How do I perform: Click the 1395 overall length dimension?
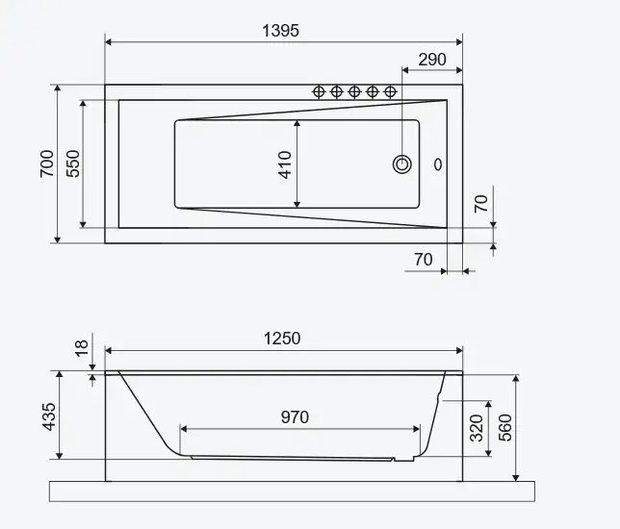click(281, 31)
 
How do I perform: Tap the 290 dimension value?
click(432, 60)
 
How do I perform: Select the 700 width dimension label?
click(47, 164)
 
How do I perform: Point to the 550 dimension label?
click(73, 164)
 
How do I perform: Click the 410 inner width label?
click(285, 164)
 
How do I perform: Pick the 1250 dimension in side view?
click(282, 339)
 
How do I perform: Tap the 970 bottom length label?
click(295, 417)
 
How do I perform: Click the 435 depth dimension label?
click(49, 416)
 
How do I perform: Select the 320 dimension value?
click(477, 428)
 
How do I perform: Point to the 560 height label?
click(505, 428)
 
